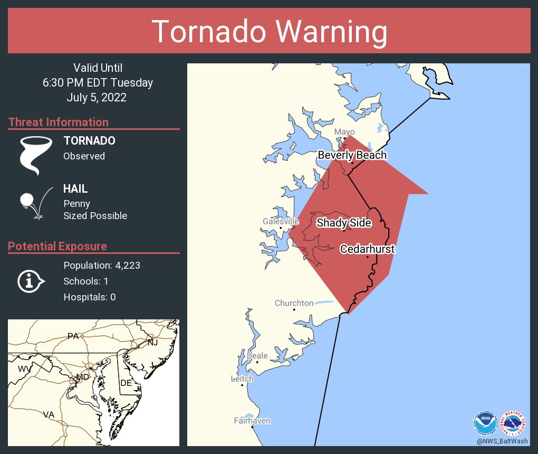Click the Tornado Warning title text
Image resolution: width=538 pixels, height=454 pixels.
click(x=269, y=31)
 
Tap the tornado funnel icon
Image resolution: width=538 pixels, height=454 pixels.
click(x=36, y=155)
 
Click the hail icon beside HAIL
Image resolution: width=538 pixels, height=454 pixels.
click(x=35, y=203)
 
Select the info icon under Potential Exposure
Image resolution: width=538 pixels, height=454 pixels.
click(x=31, y=281)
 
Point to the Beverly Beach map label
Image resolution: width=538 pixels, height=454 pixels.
click(x=352, y=155)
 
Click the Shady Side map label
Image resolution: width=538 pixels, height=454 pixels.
click(x=343, y=223)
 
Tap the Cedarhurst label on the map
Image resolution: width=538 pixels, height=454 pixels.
click(x=367, y=249)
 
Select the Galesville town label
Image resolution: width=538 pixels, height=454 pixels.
click(x=281, y=222)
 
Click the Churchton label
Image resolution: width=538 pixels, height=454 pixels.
click(x=294, y=303)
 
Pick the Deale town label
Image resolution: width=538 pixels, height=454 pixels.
click(x=257, y=356)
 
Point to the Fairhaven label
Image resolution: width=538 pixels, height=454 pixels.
click(x=252, y=421)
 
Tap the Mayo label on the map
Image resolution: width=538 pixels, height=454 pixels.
click(x=344, y=132)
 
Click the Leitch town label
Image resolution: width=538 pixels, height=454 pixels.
click(x=242, y=379)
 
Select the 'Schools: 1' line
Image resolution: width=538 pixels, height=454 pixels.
click(x=85, y=281)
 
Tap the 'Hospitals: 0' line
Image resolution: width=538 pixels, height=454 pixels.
click(x=89, y=297)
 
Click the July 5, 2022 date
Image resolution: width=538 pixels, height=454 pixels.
click(x=97, y=98)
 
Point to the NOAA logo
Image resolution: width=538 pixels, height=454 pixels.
click(x=485, y=423)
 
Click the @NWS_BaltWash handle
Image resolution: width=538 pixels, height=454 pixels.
click(x=502, y=441)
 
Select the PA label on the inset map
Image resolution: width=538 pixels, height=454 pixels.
click(x=73, y=336)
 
